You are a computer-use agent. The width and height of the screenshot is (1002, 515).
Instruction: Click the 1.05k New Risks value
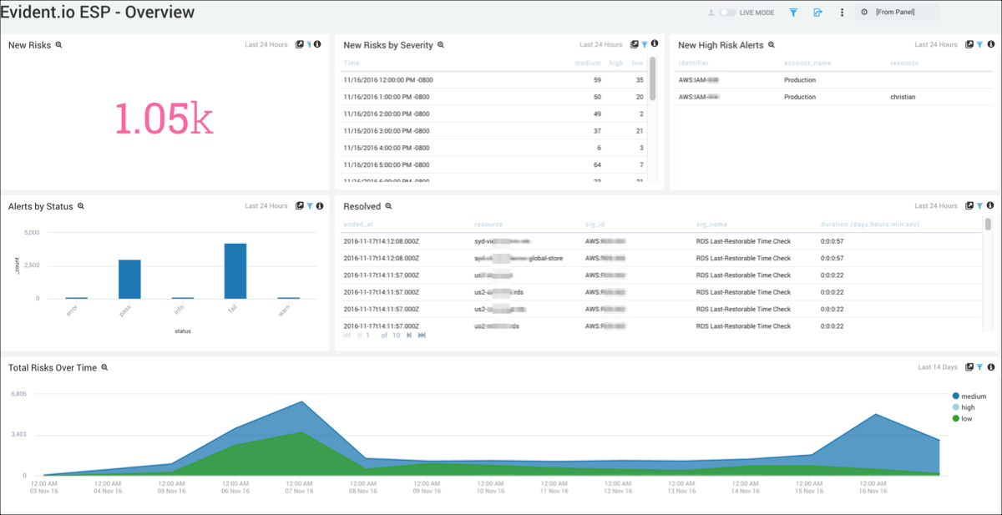point(164,119)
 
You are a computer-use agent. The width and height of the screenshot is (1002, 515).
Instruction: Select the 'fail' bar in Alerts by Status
point(235,270)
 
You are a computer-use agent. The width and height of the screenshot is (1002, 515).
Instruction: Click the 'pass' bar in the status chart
point(129,279)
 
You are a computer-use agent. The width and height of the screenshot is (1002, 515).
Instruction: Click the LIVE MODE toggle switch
point(728,13)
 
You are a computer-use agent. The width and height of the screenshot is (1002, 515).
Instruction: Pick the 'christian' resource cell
point(903,97)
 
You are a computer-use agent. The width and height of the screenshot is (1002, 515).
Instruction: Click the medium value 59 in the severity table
point(596,80)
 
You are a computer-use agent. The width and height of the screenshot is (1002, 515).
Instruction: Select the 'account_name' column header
point(807,63)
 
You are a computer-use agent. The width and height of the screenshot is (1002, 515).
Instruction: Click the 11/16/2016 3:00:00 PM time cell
point(386,131)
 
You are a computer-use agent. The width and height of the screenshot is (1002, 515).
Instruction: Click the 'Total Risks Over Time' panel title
point(53,367)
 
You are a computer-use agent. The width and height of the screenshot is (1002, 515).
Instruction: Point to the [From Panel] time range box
point(896,13)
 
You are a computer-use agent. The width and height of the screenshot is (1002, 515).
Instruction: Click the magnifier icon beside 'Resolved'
point(388,206)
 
